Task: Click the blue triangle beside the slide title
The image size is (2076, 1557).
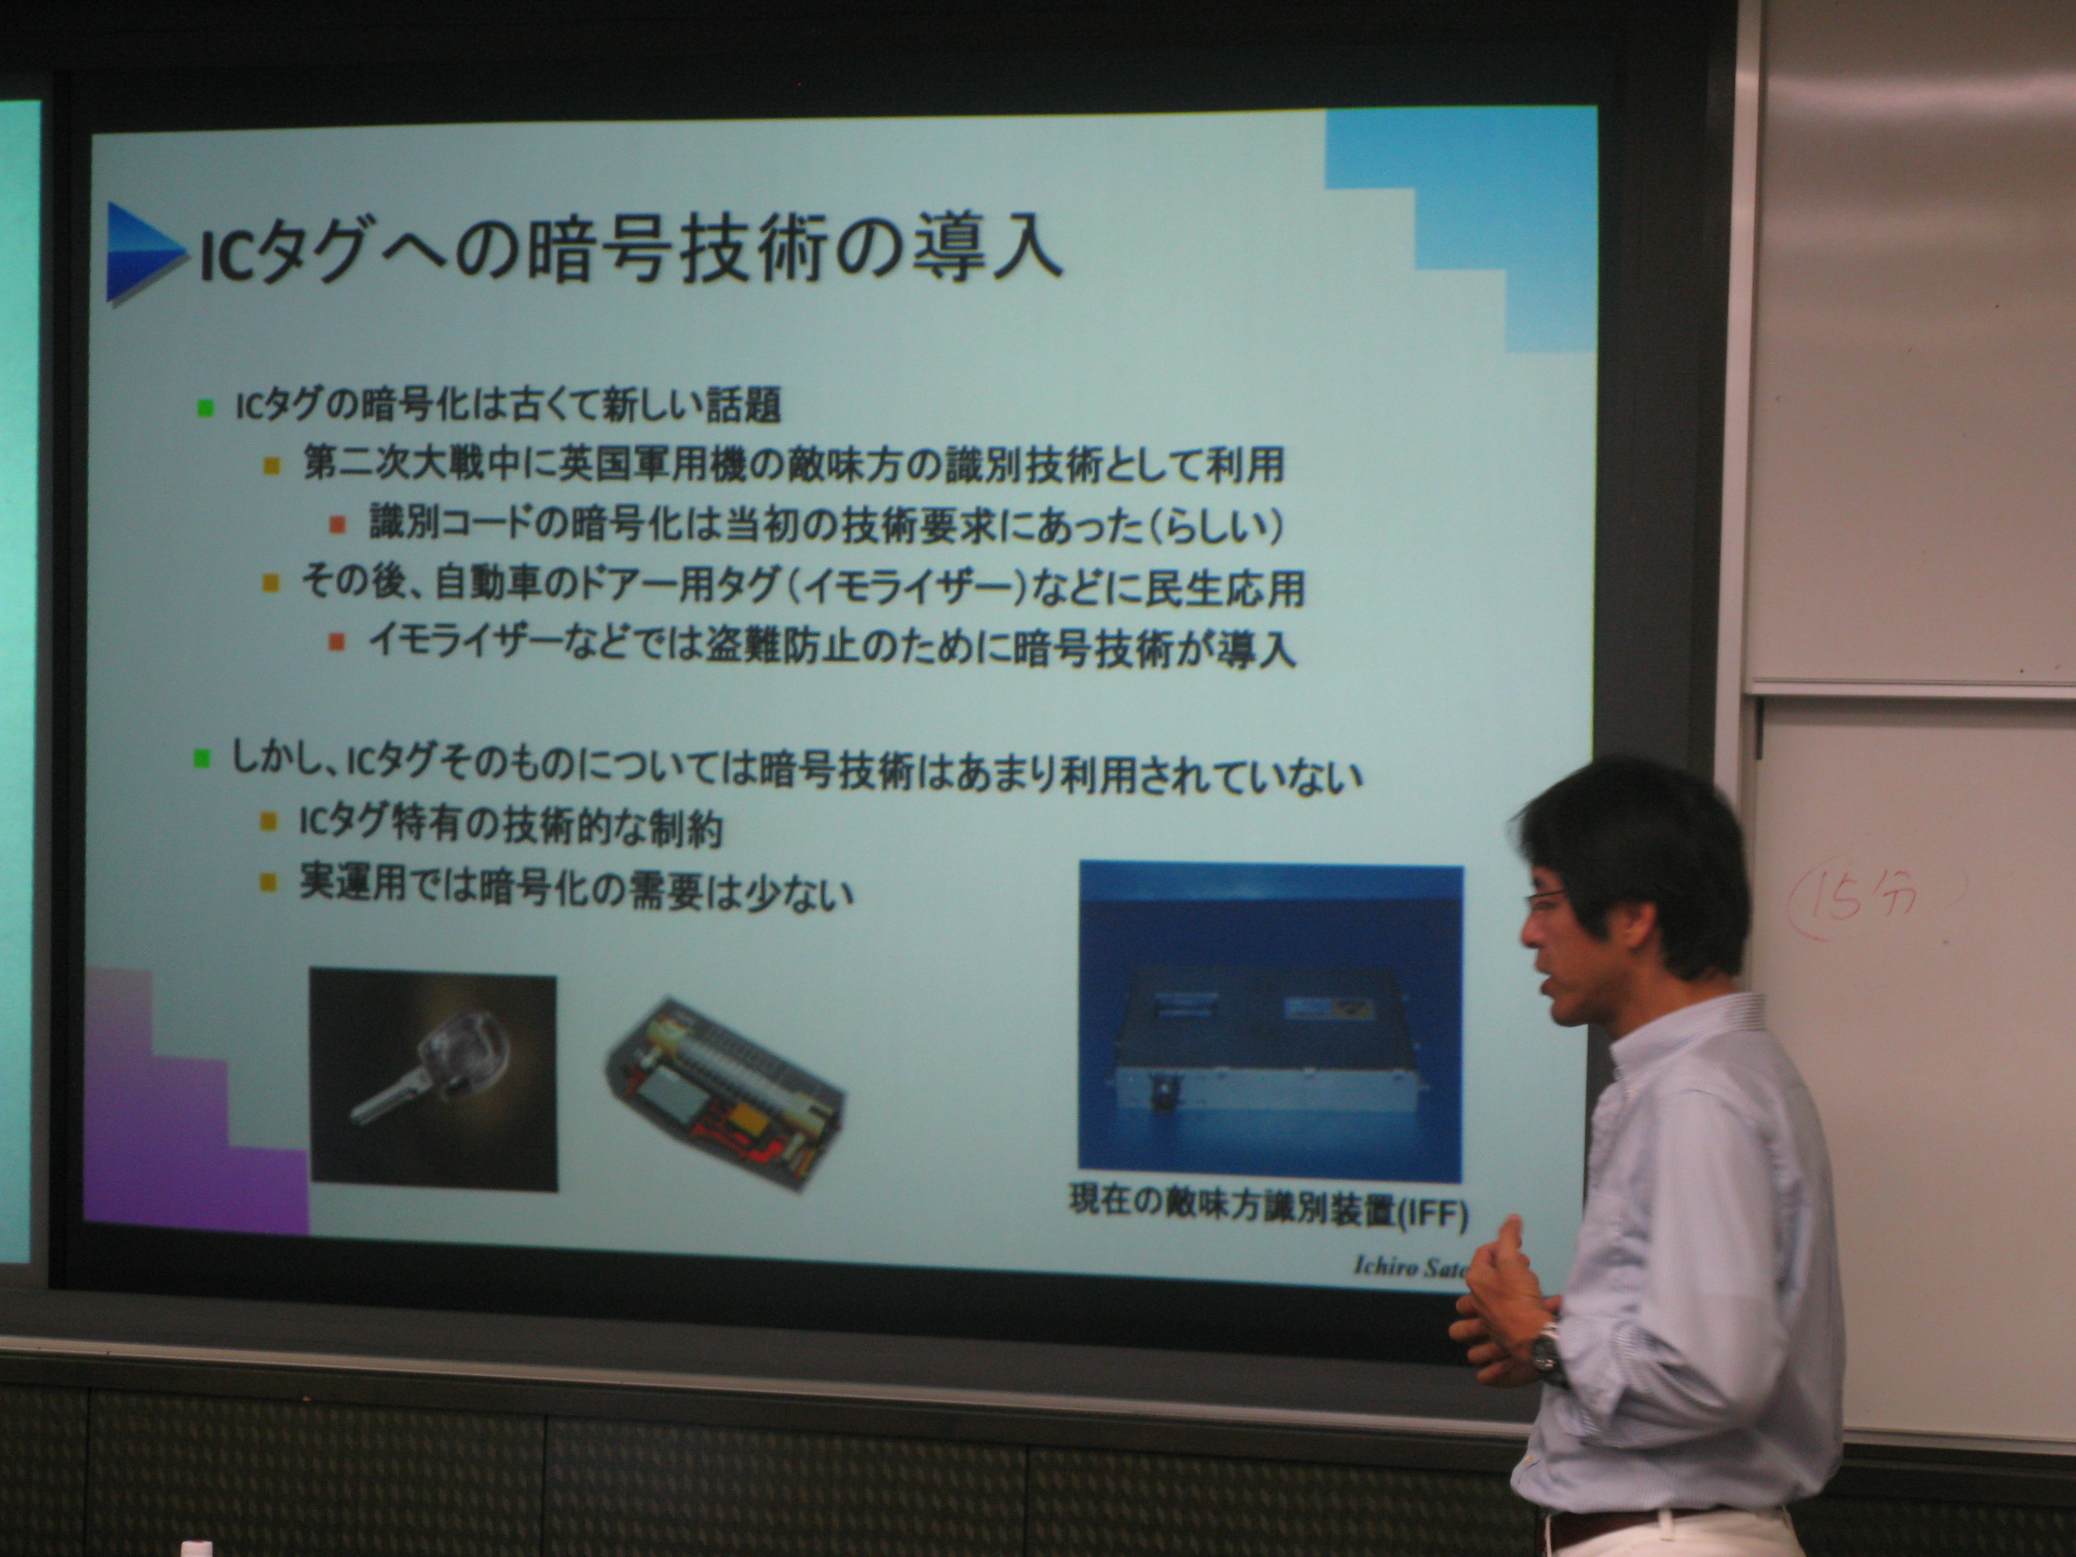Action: click(141, 252)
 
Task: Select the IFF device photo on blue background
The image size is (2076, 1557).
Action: click(1271, 1020)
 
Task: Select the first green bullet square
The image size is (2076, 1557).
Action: click(206, 407)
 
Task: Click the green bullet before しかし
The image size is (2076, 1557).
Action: click(201, 757)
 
